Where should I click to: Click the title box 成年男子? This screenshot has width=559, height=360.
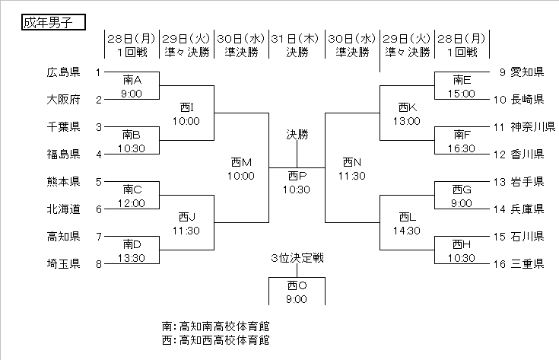coord(52,22)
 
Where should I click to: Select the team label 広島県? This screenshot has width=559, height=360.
coord(64,72)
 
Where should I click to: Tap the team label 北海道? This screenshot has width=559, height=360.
coord(64,209)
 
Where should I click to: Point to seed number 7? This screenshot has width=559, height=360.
coord(98,236)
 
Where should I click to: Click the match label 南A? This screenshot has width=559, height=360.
coord(132,79)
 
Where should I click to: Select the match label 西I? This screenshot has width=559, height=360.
coord(186,107)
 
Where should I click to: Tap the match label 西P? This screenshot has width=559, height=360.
coord(297,175)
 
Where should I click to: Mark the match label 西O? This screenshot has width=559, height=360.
coord(297,285)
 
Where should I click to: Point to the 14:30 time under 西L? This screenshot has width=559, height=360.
coord(408,230)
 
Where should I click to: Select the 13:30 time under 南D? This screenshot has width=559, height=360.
coord(132,257)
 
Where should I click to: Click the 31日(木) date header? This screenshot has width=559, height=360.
coord(297,37)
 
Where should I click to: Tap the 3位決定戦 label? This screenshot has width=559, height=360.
coord(297,257)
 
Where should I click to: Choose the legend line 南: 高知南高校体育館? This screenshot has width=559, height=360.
coord(216,325)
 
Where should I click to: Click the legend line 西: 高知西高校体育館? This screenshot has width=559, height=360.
coord(216,340)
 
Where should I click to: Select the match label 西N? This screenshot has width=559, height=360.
coord(352,161)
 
